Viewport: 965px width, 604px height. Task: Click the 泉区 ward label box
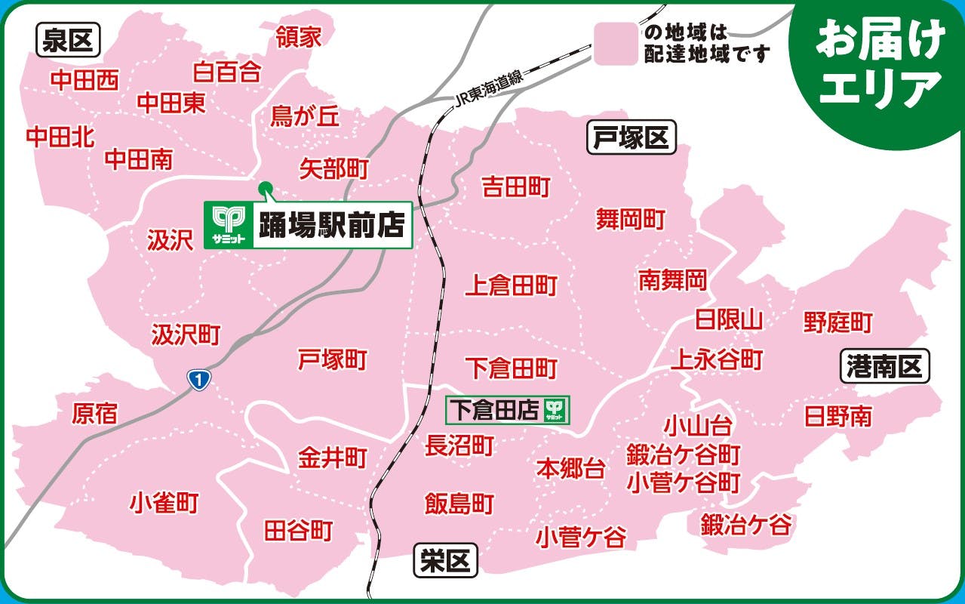(67, 42)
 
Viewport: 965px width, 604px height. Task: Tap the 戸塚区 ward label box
(632, 138)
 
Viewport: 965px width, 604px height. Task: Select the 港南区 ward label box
(884, 368)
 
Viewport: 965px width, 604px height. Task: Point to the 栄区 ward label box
(446, 561)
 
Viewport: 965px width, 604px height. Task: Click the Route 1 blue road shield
(198, 380)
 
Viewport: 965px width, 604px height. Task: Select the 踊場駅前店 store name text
(332, 225)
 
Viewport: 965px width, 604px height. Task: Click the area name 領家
(299, 37)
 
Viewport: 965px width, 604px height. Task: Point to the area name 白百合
(227, 72)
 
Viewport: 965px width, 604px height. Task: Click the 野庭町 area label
(837, 322)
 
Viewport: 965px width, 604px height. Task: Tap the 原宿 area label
(95, 413)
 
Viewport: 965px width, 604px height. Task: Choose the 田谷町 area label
(298, 530)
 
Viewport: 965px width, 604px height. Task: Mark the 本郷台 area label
(570, 469)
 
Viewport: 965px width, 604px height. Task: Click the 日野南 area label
(837, 416)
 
